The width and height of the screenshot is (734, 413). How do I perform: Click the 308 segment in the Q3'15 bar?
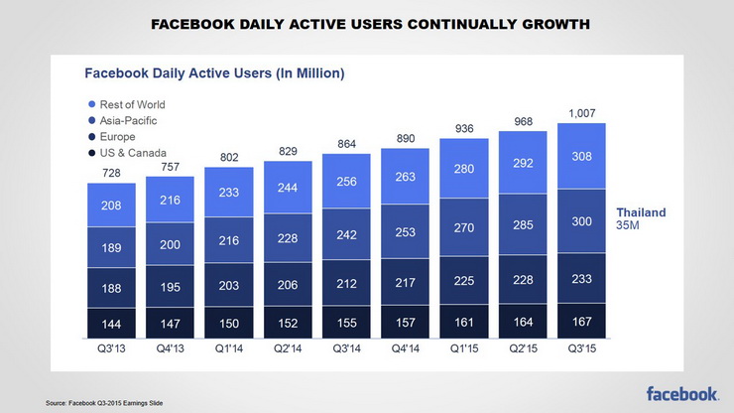(581, 157)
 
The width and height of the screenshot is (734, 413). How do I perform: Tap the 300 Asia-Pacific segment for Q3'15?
(581, 221)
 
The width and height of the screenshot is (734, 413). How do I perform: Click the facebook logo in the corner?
(683, 394)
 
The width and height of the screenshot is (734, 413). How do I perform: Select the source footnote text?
(104, 402)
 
